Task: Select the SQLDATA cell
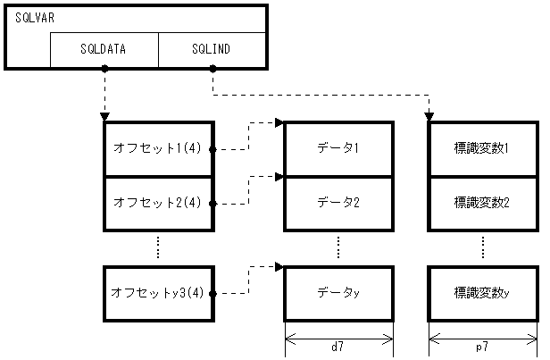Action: tap(104, 50)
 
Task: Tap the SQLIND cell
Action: tap(212, 50)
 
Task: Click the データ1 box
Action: tap(338, 148)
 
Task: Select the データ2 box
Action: tap(338, 203)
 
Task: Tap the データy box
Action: tap(338, 293)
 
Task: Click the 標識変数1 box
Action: tap(482, 148)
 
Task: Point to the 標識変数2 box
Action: tap(482, 203)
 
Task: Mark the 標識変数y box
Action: tap(482, 293)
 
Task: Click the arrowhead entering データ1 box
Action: tap(279, 123)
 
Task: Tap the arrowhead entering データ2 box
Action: tap(279, 177)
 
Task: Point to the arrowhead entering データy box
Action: tap(279, 266)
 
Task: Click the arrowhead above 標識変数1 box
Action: tap(429, 117)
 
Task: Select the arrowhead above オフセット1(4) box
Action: tap(104, 117)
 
